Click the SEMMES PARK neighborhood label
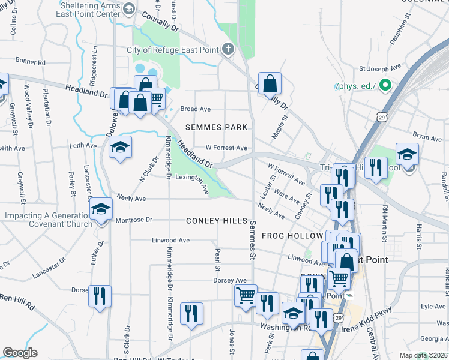coord(216,127)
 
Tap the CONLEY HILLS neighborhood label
coord(216,221)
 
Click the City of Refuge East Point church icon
coord(228,49)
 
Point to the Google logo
coord(20,353)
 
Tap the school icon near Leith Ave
coord(120,148)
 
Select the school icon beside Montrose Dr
coord(101,209)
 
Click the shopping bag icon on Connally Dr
coord(270,83)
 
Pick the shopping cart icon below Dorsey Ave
coord(246,295)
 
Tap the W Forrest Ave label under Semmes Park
coord(226,148)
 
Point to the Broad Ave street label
coord(196,109)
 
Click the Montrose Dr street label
coord(134,220)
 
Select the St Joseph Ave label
coord(380,69)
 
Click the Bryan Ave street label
coord(427,137)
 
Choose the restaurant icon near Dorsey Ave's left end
coord(100,295)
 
